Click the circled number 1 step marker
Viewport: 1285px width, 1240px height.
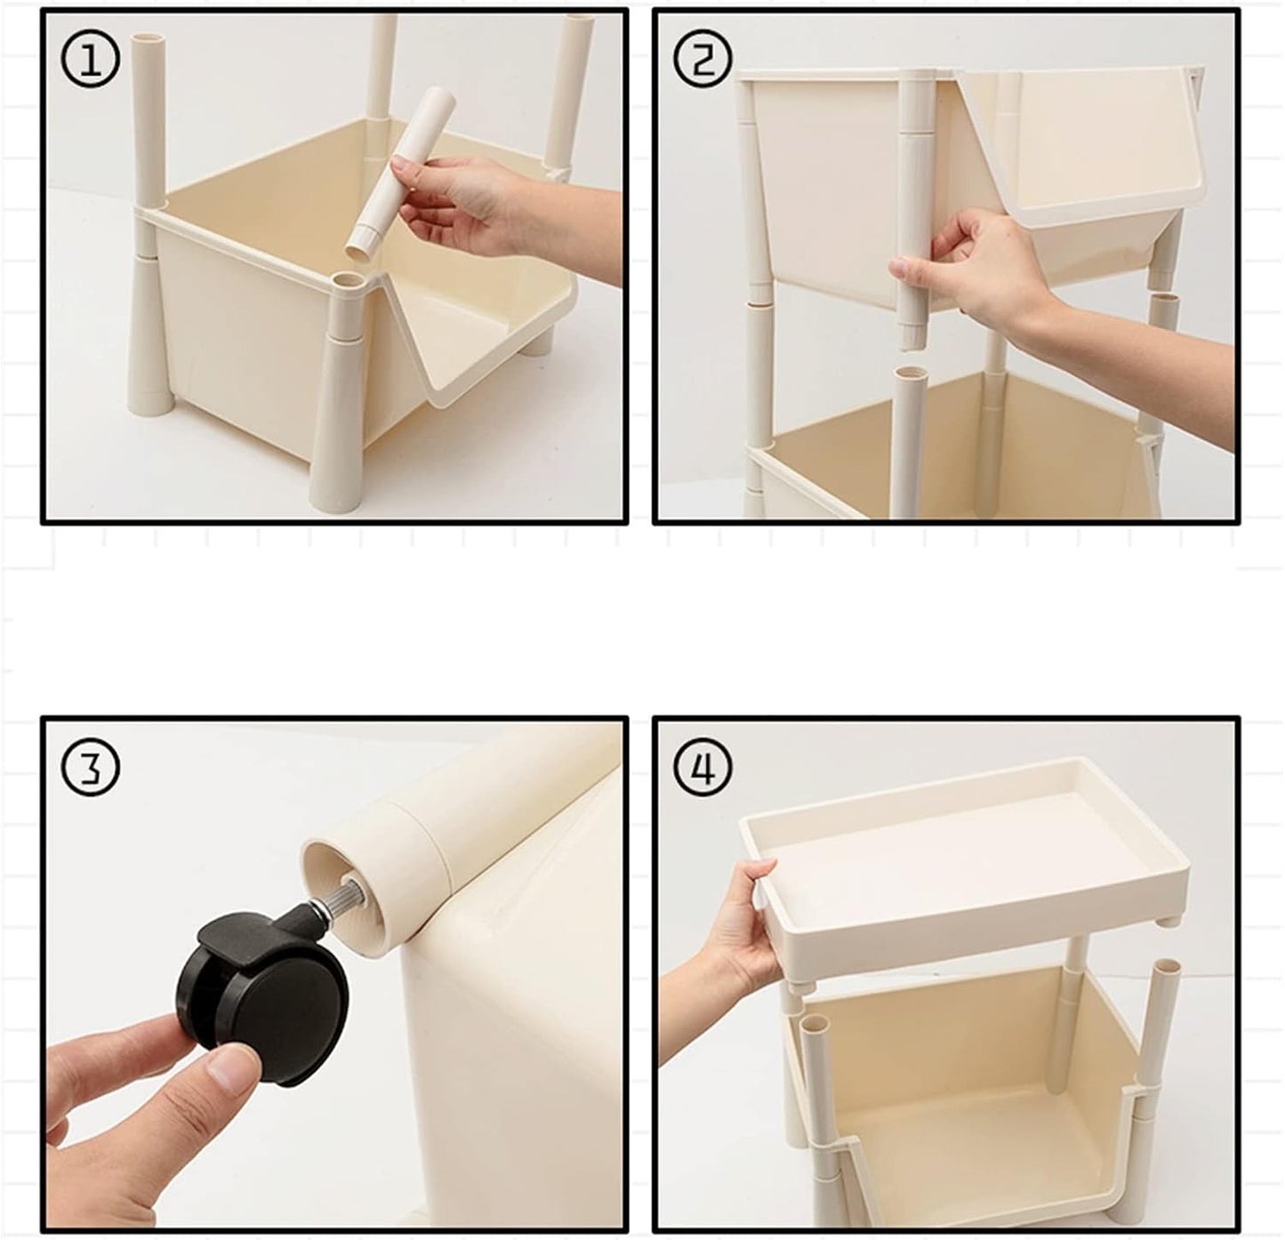tap(91, 60)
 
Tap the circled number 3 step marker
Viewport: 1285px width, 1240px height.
tap(91, 767)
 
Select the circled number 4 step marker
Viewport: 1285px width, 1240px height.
tap(703, 767)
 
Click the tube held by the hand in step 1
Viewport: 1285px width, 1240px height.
tap(402, 176)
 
